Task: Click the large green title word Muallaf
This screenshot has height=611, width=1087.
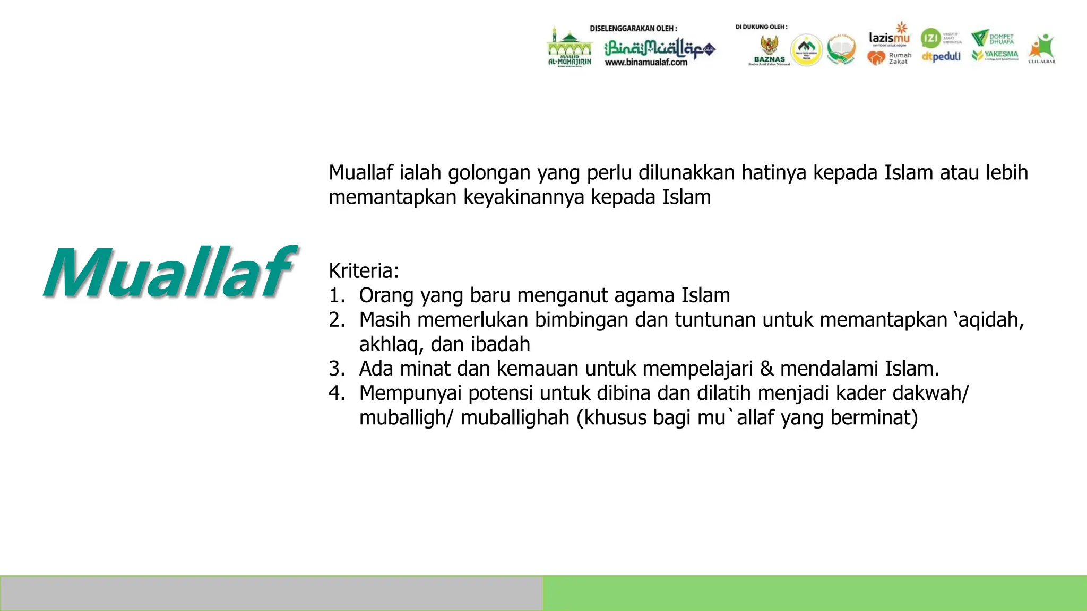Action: click(169, 273)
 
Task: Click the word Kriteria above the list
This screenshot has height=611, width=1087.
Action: click(363, 271)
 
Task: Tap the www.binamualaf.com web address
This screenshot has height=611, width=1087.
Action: click(646, 63)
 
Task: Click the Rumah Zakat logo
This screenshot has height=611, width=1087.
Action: click(889, 58)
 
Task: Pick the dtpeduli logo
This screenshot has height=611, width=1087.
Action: click(941, 57)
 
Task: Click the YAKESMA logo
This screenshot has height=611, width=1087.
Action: click(995, 55)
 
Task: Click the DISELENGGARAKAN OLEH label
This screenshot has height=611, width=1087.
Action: click(633, 29)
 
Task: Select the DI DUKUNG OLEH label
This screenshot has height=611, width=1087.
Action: click(761, 27)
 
